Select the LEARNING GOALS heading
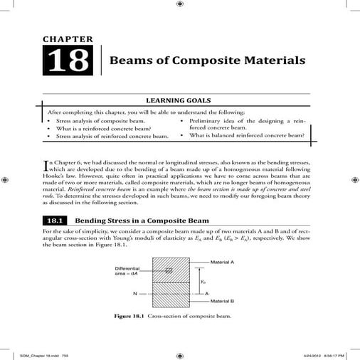pyautogui.click(x=180, y=101)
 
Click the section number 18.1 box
pyautogui.click(x=54, y=221)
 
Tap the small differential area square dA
pyautogui.click(x=169, y=271)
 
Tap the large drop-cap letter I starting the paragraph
pyautogui.click(x=46, y=166)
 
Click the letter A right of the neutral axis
pyautogui.click(x=206, y=292)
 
